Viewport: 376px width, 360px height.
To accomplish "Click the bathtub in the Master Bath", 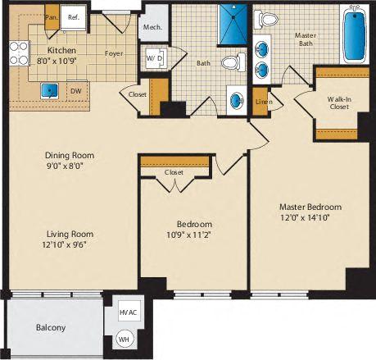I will [355, 37].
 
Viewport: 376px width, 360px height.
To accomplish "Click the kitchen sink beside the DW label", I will [50, 89].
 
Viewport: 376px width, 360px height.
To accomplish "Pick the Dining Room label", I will [70, 155].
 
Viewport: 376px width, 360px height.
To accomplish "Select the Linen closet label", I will [262, 101].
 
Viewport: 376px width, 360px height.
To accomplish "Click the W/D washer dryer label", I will [155, 59].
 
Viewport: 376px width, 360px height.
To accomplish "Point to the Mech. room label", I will [152, 26].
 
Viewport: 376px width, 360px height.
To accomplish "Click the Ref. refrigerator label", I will [73, 15].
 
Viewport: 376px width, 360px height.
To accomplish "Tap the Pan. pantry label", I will [52, 16].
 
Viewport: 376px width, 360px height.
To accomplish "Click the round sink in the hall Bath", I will [236, 101].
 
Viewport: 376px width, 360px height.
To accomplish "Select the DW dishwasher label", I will [75, 91].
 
